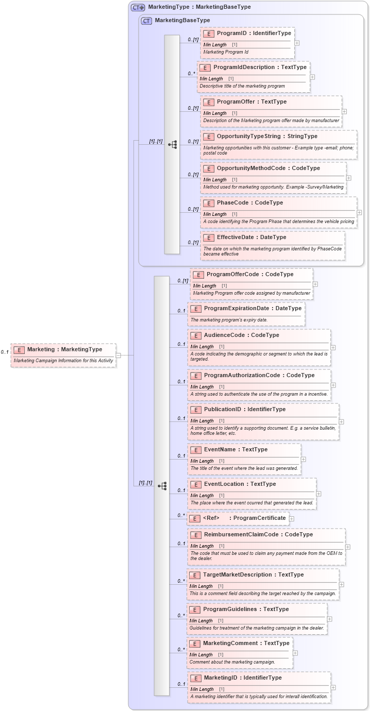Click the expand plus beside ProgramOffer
[344, 111]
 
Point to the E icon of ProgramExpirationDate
[195, 309]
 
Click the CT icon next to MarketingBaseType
[147, 21]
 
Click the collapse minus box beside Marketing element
[118, 355]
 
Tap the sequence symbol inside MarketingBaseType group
[172, 145]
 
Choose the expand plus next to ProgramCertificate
[292, 519]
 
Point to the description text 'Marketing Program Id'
[226, 52]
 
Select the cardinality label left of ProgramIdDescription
[191, 74]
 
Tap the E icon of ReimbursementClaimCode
[195, 535]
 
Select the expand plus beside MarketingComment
[295, 653]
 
